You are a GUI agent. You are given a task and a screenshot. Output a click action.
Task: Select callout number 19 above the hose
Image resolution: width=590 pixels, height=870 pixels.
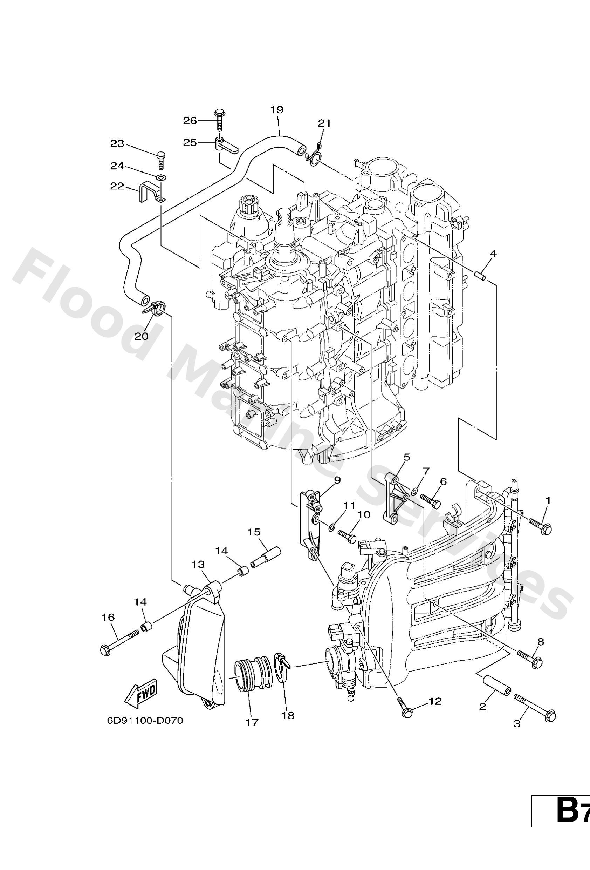(x=277, y=110)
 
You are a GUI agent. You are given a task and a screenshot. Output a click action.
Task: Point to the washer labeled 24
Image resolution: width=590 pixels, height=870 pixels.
(x=161, y=176)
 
